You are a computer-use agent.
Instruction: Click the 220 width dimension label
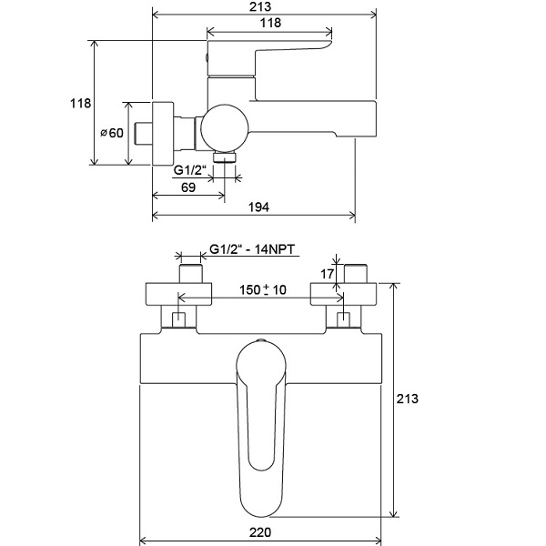[x=260, y=532]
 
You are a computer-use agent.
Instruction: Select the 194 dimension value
[x=258, y=207]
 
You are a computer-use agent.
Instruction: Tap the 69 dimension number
[x=188, y=187]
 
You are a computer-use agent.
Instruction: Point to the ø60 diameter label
[x=112, y=133]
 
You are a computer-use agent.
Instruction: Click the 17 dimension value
[x=327, y=274]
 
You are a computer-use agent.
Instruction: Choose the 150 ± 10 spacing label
[x=263, y=289]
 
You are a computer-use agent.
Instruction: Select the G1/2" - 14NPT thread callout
[x=252, y=249]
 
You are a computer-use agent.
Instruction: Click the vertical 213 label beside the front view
[x=408, y=399]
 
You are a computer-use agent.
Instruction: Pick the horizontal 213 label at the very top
[x=260, y=6]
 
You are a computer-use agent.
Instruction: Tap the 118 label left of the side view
[x=80, y=104]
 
